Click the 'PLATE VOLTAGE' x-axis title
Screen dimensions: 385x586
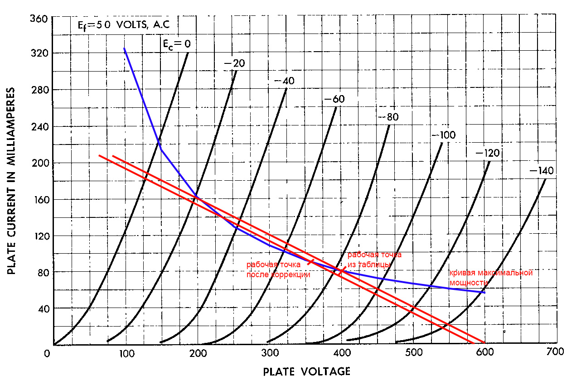(x=306, y=371)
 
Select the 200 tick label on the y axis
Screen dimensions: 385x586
(x=39, y=163)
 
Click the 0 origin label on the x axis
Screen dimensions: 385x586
(x=47, y=353)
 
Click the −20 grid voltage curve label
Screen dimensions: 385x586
(x=234, y=63)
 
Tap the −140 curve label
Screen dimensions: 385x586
(x=541, y=171)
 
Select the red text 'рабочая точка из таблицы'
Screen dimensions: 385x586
(x=374, y=259)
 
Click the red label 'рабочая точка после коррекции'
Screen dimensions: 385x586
(x=278, y=269)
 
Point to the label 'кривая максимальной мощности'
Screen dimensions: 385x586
(x=490, y=277)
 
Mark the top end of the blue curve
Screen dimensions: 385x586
(x=124, y=48)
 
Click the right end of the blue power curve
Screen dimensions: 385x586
(x=484, y=293)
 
